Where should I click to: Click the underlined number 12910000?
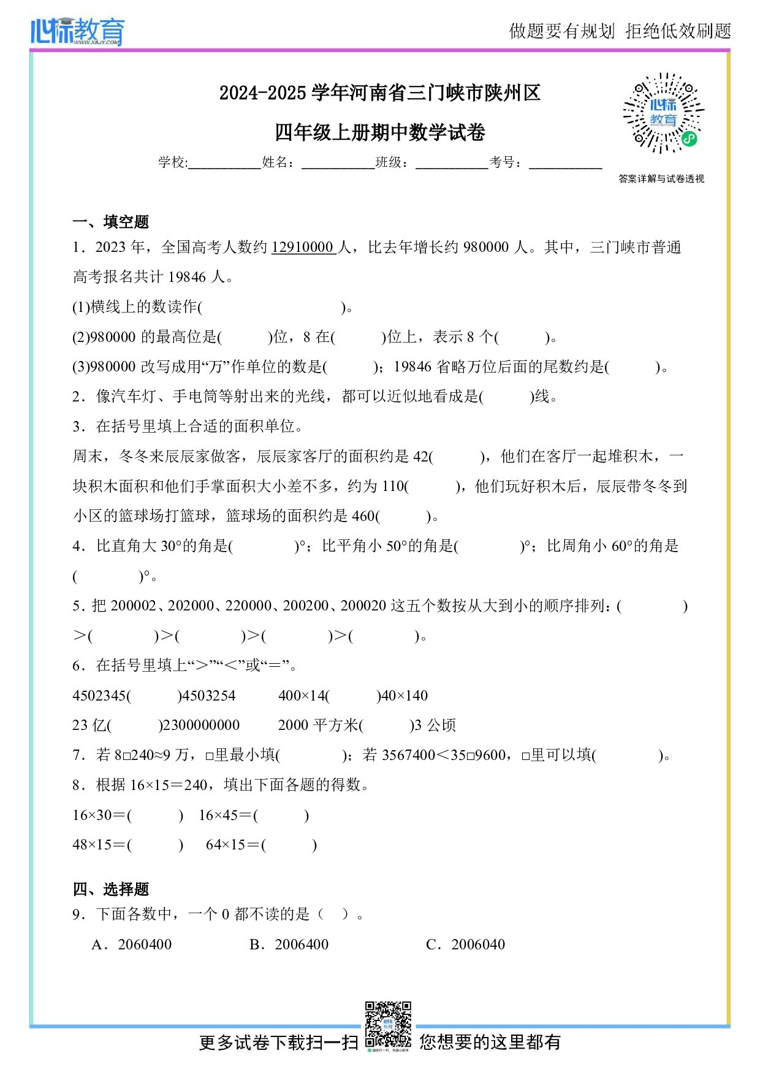pyautogui.click(x=303, y=248)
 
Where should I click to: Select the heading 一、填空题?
pyautogui.click(x=111, y=222)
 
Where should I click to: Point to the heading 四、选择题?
pyautogui.click(x=111, y=889)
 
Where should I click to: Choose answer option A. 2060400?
pyautogui.click(x=132, y=944)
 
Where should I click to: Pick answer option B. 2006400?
pyautogui.click(x=289, y=944)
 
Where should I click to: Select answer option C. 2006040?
pyautogui.click(x=466, y=944)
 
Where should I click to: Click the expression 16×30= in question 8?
pyautogui.click(x=99, y=815)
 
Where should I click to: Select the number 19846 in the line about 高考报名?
pyautogui.click(x=187, y=278)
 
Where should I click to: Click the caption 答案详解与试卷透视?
pyautogui.click(x=661, y=179)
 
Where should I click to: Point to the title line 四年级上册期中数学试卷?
pyautogui.click(x=380, y=132)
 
